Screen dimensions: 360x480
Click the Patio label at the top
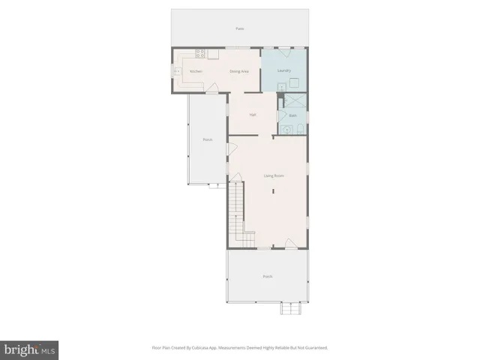[240, 28]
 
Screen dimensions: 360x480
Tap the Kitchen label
[196, 70]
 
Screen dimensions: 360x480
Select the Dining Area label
[239, 70]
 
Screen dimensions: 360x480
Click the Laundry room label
[283, 70]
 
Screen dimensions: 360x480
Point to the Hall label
[253, 114]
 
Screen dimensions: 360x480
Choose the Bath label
[292, 115]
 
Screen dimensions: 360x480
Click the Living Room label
[272, 175]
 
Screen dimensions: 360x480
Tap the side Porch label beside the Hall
[207, 140]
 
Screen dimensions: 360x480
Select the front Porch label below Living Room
[267, 277]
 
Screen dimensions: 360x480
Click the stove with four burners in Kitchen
[201, 53]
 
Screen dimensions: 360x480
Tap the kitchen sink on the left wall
[177, 71]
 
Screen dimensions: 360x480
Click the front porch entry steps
[290, 308]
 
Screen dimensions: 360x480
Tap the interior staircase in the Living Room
[237, 214]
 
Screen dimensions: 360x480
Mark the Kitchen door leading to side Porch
[213, 89]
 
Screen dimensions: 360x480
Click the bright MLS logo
[29, 349]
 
